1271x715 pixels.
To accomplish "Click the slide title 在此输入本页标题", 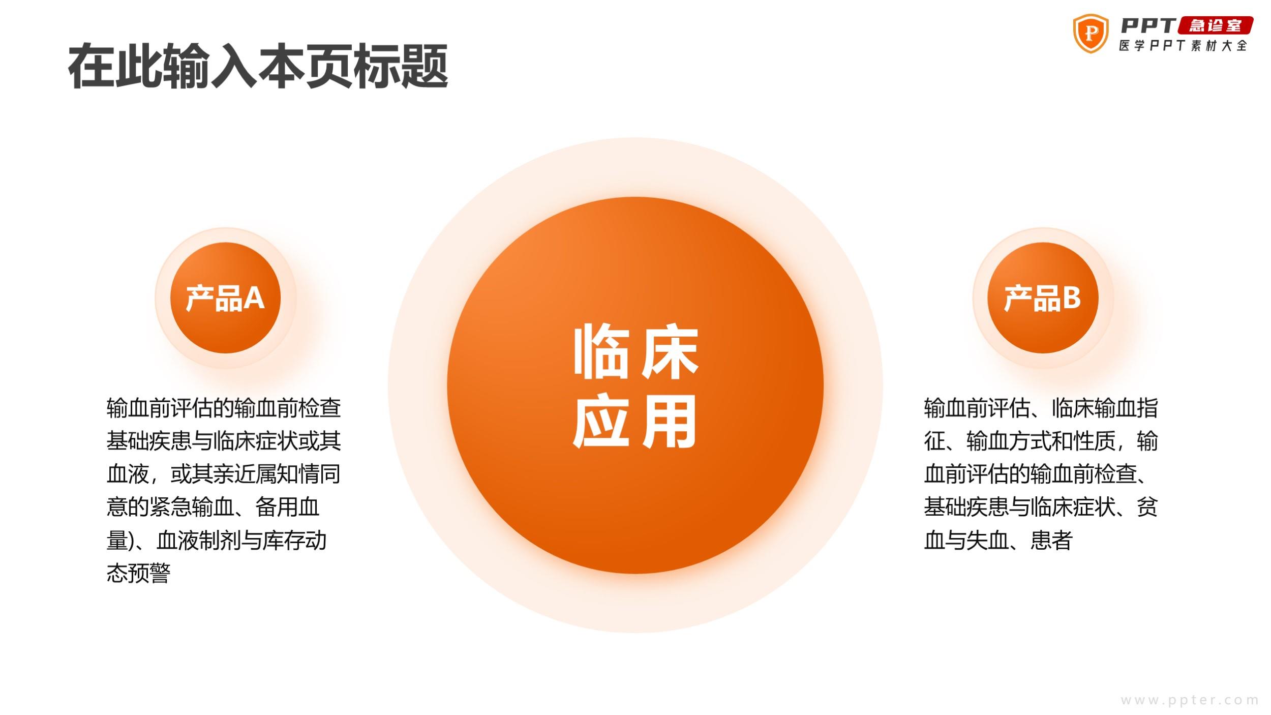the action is (x=258, y=67).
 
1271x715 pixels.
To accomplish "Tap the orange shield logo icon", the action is (x=1091, y=34).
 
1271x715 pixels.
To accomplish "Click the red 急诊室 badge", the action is (x=1215, y=25).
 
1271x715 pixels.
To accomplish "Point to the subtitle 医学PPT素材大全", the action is (x=1183, y=45).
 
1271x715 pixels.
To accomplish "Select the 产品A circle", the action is (x=225, y=297).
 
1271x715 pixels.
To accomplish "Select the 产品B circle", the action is (x=1043, y=297).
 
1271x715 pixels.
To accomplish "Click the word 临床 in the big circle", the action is (x=635, y=352).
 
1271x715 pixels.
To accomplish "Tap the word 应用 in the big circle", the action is (x=635, y=422).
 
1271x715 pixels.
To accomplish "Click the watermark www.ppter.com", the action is (x=1189, y=700).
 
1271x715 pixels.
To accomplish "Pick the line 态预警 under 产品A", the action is (x=138, y=573).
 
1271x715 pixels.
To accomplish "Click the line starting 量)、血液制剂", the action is (x=217, y=540).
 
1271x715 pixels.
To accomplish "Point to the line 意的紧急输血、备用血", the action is (x=213, y=507).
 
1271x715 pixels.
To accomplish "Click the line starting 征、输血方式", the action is (x=1041, y=441).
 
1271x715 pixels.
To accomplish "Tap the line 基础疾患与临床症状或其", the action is (x=224, y=441).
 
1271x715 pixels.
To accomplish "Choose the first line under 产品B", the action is (x=1041, y=408).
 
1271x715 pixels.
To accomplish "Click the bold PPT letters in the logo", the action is (x=1147, y=25).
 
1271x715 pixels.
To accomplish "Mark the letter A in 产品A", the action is (x=254, y=298).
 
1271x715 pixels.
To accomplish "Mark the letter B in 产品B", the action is (x=1071, y=298).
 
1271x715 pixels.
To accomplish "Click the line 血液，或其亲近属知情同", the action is (x=224, y=474).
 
